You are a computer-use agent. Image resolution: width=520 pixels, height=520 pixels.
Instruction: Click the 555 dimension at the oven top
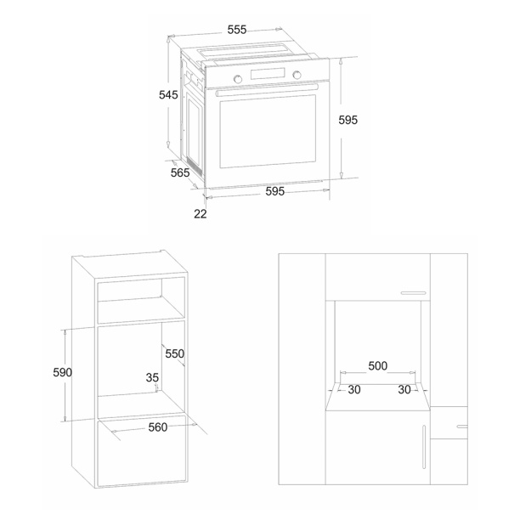[x=237, y=30]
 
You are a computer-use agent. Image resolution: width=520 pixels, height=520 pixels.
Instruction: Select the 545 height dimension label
[x=168, y=95]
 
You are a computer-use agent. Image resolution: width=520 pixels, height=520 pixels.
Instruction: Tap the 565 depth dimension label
[x=180, y=172]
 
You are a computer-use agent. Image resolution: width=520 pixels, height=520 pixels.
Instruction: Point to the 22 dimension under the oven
[x=201, y=214]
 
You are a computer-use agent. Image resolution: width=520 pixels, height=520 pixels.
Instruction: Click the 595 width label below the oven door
[x=275, y=191]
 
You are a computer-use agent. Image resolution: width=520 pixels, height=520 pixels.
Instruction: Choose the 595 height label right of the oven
[x=348, y=120]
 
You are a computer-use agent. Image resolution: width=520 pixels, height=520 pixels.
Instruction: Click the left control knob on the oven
[x=237, y=79]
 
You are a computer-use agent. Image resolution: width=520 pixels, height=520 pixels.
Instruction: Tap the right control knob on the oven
[x=297, y=75]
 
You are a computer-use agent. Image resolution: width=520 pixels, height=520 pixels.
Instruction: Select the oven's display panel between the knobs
[x=268, y=74]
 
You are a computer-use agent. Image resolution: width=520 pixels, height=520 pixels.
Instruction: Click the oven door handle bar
[x=267, y=90]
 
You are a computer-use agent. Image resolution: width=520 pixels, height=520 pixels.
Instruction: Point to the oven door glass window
[x=268, y=132]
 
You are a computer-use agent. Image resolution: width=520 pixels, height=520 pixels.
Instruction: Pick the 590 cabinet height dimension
[x=62, y=372]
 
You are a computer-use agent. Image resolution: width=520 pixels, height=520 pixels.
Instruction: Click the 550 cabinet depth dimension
[x=175, y=353]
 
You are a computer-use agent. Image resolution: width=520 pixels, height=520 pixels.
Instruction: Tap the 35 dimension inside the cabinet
[x=152, y=377]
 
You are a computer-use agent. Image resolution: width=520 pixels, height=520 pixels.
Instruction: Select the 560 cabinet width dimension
[x=158, y=427]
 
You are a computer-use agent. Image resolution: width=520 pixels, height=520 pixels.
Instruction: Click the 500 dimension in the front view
[x=378, y=366]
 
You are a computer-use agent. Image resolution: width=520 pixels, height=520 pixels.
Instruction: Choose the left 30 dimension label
[x=354, y=389]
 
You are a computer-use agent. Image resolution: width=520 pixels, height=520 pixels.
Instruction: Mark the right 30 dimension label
[x=404, y=389]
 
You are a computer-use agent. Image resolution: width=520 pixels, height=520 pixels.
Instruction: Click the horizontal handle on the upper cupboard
[x=413, y=293]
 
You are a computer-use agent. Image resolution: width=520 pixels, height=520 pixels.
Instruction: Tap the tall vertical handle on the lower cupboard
[x=424, y=447]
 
